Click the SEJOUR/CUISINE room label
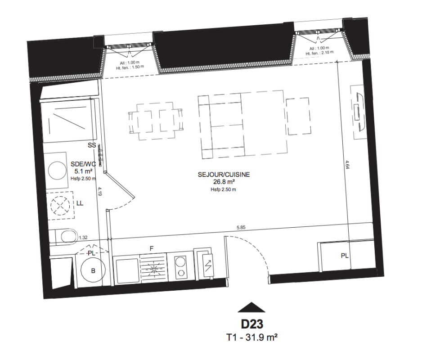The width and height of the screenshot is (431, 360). tap(224, 175)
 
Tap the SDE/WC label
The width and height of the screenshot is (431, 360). tap(83, 164)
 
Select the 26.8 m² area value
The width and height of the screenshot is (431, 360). tap(224, 181)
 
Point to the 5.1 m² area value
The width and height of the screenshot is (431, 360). tap(83, 171)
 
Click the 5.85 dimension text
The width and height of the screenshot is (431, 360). tap(241, 227)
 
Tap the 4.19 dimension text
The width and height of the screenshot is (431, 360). tap(100, 191)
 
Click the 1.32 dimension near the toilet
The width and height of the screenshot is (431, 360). tap(83, 238)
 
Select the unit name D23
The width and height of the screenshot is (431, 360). tap(252, 324)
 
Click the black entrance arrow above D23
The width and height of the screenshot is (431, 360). tap(251, 308)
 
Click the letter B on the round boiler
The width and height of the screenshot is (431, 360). tap(93, 271)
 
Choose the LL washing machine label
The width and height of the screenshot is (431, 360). tap(80, 203)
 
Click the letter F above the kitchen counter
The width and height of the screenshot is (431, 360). tap(151, 248)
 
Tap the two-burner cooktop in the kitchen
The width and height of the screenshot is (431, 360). tap(180, 266)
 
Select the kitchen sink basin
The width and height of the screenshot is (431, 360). tap(127, 271)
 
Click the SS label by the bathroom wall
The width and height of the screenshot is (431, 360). tap(92, 145)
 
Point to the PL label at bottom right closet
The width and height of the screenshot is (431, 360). tap(345, 256)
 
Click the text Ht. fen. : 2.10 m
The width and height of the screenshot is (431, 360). tap(320, 53)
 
